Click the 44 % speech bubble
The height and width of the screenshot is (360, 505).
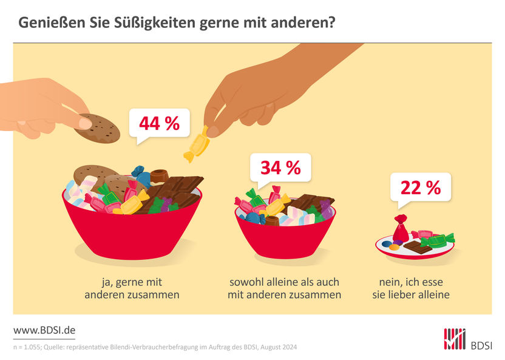159,124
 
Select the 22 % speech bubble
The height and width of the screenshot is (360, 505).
420,188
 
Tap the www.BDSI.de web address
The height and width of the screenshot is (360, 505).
44,330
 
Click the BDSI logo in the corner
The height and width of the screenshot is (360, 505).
468,339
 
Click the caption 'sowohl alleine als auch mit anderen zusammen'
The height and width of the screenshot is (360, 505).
284,288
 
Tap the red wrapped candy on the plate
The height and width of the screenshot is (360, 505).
401,229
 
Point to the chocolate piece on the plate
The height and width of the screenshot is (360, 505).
418,246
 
